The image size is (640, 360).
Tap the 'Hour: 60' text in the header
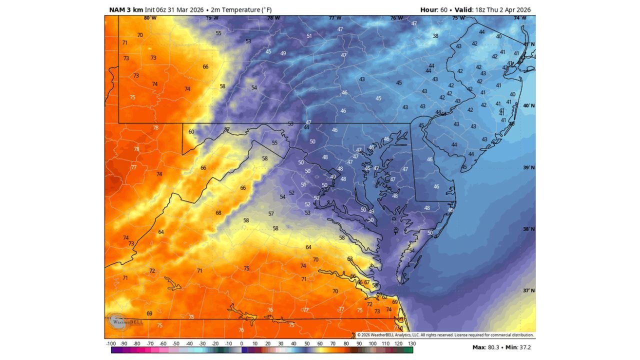pos(434,10)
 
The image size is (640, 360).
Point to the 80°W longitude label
pos(150,18)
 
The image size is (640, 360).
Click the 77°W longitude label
pos(335,18)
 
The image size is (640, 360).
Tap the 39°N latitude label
pos(528,168)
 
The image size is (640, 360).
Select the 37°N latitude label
pos(528,291)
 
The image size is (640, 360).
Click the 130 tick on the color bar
pos(411,344)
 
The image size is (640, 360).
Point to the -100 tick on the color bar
pos(111,344)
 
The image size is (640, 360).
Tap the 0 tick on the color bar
pos(241,344)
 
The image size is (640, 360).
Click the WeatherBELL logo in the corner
pos(120,321)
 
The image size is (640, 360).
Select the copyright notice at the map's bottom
pos(445,335)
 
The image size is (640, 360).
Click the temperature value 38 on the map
pos(435,36)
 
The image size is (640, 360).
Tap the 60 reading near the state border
pos(191,132)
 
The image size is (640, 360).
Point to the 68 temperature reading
pos(218,213)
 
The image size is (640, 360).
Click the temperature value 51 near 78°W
pos(309,36)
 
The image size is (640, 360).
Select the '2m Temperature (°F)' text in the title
pos(241,10)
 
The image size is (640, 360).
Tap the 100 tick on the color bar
pos(372,344)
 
